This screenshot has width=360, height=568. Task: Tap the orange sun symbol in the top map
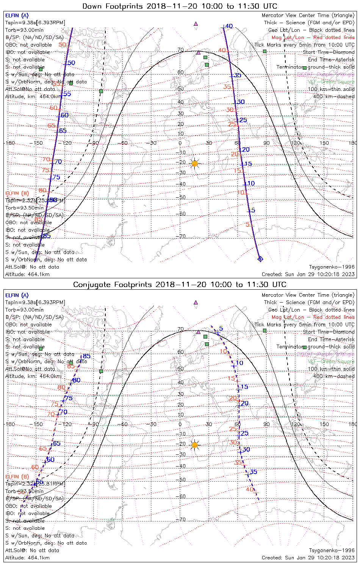point(195,164)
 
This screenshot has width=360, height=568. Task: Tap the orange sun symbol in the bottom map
point(195,445)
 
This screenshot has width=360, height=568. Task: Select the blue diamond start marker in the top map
point(260,259)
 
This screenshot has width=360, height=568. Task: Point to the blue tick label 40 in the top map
point(229,27)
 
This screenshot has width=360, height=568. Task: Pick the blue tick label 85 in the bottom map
point(87,356)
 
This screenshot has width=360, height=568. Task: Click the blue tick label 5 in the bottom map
point(221,329)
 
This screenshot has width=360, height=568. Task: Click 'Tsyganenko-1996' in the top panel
point(332,267)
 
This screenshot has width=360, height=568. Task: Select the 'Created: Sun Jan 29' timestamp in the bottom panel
point(308,558)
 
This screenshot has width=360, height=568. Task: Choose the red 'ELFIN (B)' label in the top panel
point(17,193)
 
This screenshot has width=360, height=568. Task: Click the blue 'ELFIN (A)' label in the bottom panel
point(17,295)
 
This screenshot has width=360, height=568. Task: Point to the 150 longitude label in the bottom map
point(324,424)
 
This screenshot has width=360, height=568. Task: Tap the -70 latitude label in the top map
point(182,237)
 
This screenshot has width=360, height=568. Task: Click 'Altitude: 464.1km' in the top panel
point(27,274)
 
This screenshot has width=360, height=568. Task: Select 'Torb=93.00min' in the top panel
point(24,30)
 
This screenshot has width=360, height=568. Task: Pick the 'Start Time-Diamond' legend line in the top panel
point(329,52)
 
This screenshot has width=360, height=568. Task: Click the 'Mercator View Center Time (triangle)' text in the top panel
point(308,16)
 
